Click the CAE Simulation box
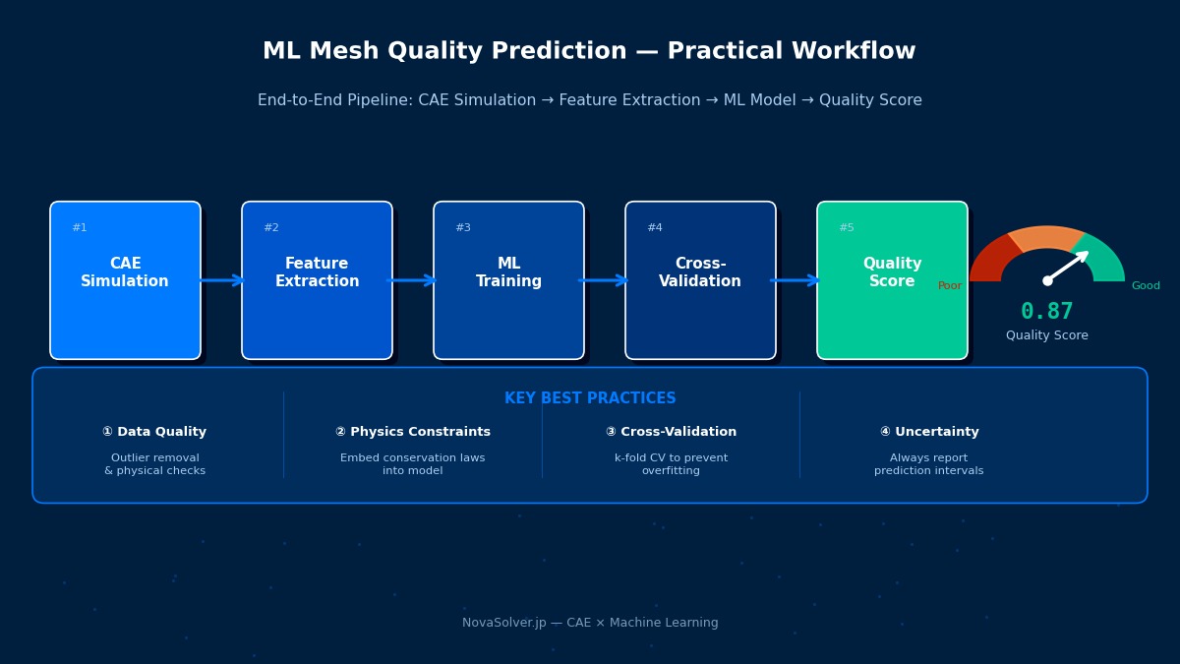[125, 280]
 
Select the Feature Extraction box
[317, 280]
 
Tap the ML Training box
[508, 280]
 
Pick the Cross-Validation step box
[700, 280]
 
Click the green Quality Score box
[892, 280]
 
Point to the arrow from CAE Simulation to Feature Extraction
[221, 280]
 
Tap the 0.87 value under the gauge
[1046, 312]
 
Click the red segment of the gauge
[990, 258]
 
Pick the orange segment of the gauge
[1046, 237]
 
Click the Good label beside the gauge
[1146, 286]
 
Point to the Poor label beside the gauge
[950, 286]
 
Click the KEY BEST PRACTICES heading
[590, 398]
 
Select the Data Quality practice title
[154, 432]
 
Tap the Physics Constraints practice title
[413, 432]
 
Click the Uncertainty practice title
[929, 432]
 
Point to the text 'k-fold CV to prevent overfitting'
[671, 464]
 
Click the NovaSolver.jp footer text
[590, 623]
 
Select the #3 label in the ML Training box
[462, 228]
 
